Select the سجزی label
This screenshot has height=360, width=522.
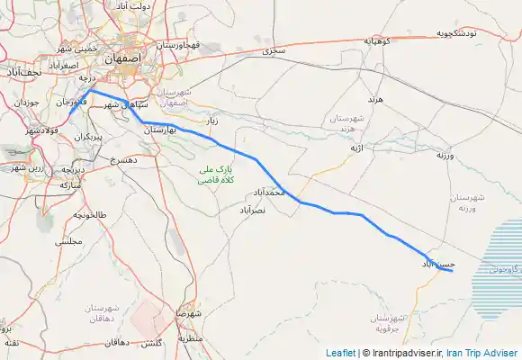(274, 51)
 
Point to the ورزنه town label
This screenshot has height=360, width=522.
(448, 156)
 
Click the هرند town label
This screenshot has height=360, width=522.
(376, 97)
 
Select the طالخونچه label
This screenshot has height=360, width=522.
(89, 215)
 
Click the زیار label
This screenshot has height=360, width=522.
(211, 119)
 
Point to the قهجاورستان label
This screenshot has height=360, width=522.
(175, 43)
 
